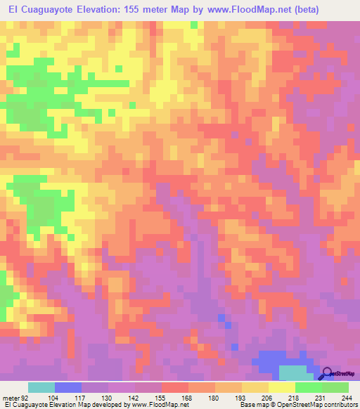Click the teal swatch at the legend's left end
(41, 387)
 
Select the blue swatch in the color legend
(68, 387)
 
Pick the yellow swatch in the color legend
(281, 387)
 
